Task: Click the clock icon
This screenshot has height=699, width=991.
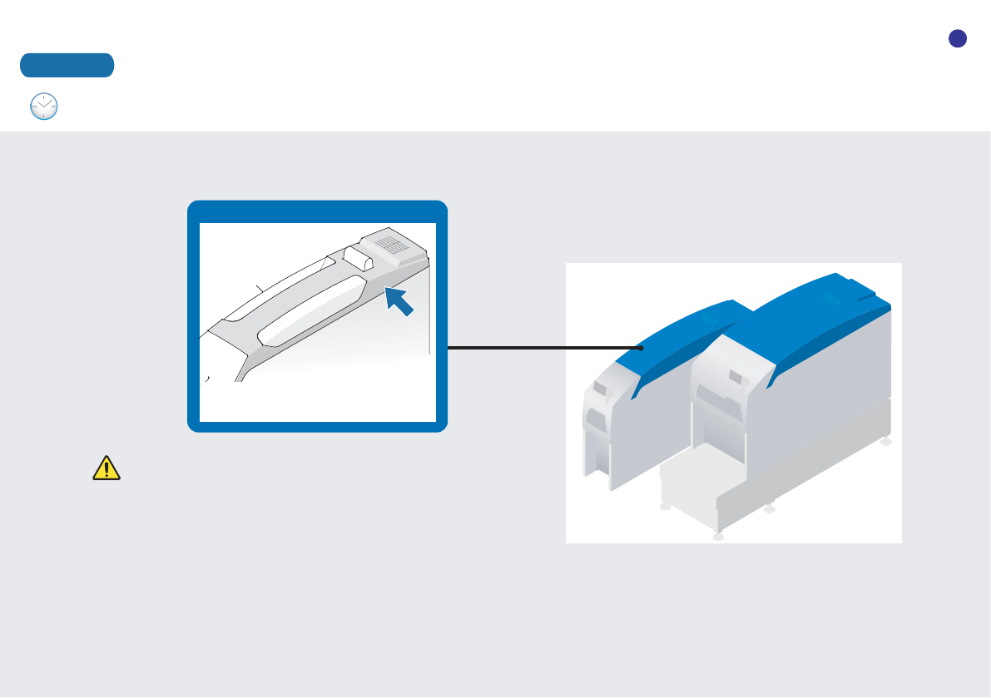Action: [43, 107]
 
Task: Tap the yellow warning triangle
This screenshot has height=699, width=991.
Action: [106, 468]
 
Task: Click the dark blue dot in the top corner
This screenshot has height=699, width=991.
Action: [957, 38]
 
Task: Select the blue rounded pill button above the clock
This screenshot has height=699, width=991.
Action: [67, 65]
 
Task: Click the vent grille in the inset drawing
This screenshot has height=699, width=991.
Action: [390, 243]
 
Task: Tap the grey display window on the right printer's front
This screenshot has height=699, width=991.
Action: [737, 379]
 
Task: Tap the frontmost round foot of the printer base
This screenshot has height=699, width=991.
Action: [719, 538]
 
